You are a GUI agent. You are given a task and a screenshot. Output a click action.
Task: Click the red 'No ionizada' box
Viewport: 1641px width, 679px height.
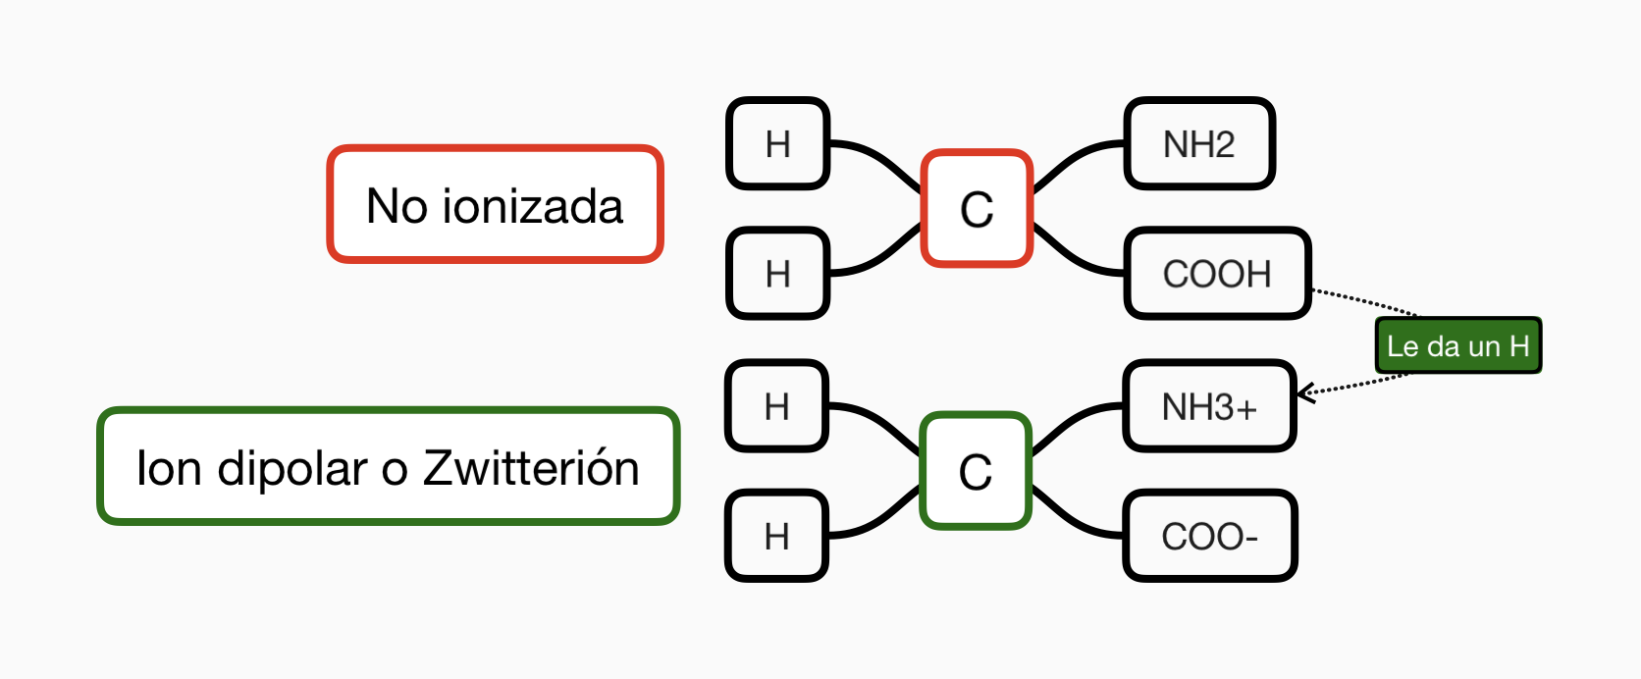click(x=496, y=204)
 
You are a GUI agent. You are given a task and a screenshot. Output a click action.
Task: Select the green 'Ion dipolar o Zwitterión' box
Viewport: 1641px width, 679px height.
click(x=389, y=466)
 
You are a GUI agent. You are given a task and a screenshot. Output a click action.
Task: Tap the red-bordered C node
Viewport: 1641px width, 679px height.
click(x=977, y=208)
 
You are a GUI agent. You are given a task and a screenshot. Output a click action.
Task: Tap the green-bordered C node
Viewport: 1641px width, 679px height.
click(x=976, y=471)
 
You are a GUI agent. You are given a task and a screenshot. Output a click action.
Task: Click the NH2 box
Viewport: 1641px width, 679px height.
click(x=1198, y=143)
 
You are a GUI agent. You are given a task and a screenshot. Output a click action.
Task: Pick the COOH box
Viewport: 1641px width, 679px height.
click(x=1217, y=273)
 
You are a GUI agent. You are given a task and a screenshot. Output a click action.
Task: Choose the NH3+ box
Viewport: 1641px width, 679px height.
click(x=1209, y=406)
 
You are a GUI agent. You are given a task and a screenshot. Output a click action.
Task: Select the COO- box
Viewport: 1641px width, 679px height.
click(x=1209, y=536)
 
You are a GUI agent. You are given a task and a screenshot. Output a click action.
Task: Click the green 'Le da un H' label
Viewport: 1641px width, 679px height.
click(x=1457, y=345)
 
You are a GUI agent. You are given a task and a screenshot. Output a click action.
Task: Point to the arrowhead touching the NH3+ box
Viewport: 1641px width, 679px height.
click(x=1305, y=393)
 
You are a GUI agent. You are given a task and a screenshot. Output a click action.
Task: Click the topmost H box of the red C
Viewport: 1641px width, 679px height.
click(x=778, y=143)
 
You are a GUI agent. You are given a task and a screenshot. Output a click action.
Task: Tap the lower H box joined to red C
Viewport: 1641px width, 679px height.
click(x=778, y=273)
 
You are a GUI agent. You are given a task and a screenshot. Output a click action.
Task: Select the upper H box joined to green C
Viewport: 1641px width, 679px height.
click(x=777, y=405)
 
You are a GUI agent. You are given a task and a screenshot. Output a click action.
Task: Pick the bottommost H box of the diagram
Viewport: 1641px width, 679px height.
click(x=777, y=536)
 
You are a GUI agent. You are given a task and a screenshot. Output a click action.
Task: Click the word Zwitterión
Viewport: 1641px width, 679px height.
click(x=531, y=467)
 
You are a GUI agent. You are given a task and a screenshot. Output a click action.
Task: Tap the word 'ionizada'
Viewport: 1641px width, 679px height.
click(x=533, y=206)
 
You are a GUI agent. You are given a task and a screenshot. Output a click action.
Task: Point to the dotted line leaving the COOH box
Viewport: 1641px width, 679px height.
click(x=1364, y=301)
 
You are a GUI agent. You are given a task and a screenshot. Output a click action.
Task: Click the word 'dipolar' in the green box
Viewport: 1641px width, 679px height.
click(x=292, y=468)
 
